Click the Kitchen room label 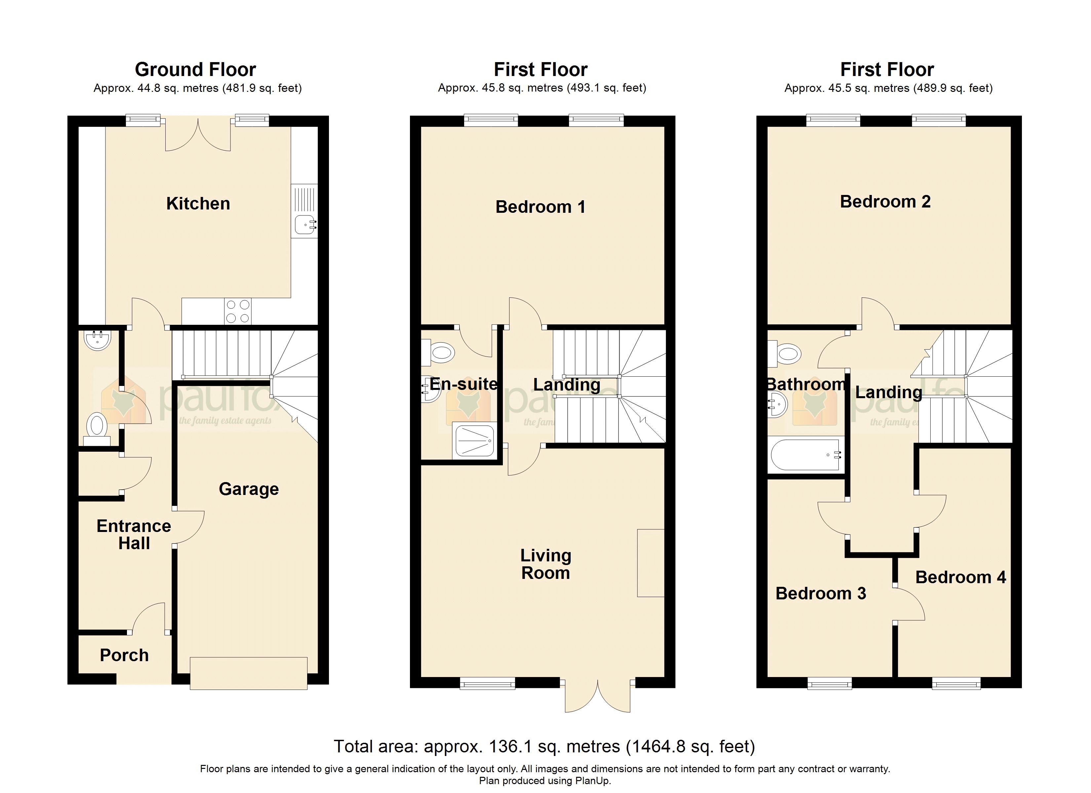[x=198, y=204]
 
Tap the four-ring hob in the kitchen [x=238, y=311]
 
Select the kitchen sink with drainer [x=304, y=211]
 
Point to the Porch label [x=124, y=656]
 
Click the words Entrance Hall [x=134, y=535]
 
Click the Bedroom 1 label [x=540, y=207]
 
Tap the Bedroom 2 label [x=885, y=202]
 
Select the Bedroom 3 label [x=821, y=593]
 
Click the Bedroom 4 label [x=960, y=577]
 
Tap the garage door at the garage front [x=248, y=673]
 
